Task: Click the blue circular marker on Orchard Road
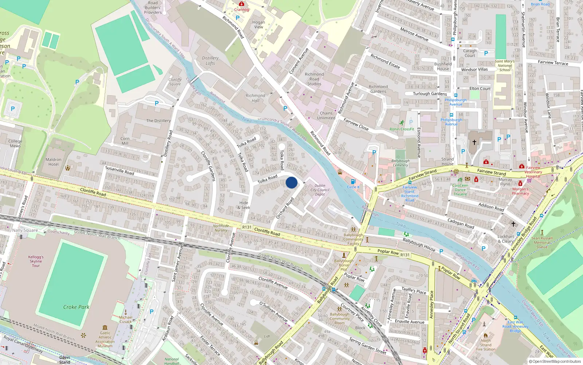pyautogui.click(x=291, y=182)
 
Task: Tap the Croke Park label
pyautogui.click(x=76, y=307)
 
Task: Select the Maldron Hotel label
pyautogui.click(x=54, y=162)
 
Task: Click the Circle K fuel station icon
pyautogui.click(x=353, y=181)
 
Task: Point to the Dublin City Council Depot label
pyautogui.click(x=320, y=190)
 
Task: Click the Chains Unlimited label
pyautogui.click(x=326, y=116)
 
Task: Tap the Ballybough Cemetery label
pyautogui.click(x=400, y=163)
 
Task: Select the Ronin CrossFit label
pyautogui.click(x=402, y=129)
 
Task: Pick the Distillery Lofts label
pyautogui.click(x=210, y=61)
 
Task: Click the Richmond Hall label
pyautogui.click(x=255, y=98)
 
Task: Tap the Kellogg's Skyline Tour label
pyautogui.click(x=36, y=261)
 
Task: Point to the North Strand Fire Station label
pyautogui.click(x=486, y=345)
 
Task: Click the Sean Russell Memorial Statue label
pyautogui.click(x=542, y=242)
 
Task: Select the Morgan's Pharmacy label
pyautogui.click(x=520, y=191)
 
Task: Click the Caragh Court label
pyautogui.click(x=470, y=53)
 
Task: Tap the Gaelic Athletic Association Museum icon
pyautogui.click(x=105, y=327)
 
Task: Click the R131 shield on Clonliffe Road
pyautogui.click(x=247, y=227)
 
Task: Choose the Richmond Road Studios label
pyautogui.click(x=314, y=79)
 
